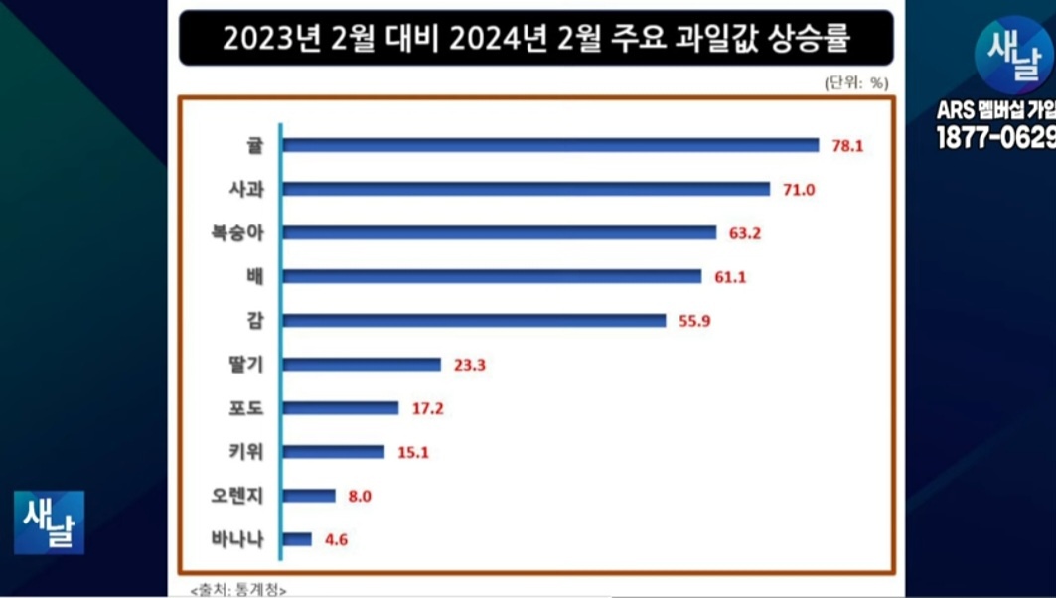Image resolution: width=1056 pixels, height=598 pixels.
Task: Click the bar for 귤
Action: point(550,145)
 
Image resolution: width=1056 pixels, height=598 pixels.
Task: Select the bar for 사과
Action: point(526,189)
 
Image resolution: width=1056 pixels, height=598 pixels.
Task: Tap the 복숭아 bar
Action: point(499,232)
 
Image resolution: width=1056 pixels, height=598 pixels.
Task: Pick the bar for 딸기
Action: point(362,365)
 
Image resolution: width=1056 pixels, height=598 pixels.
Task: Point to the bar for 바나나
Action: point(297,540)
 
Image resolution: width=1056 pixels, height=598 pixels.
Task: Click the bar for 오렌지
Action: point(309,496)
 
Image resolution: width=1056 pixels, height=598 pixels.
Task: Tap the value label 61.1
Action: point(730,277)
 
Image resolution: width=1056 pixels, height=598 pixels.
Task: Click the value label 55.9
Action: point(694,321)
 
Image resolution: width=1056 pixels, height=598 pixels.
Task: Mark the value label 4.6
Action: point(336,540)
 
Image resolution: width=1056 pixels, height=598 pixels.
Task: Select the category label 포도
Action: point(245,408)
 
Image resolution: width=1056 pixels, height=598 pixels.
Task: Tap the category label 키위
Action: point(245,452)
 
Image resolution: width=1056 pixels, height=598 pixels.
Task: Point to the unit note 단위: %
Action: point(855,83)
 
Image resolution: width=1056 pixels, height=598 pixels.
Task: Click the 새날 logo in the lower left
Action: point(49,523)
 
